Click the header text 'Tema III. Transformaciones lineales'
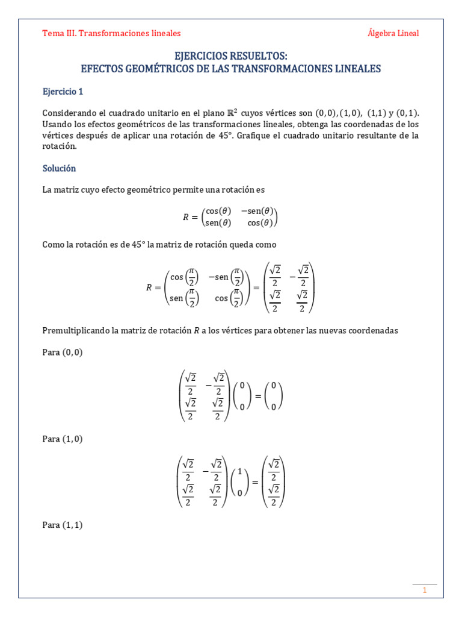[111, 33]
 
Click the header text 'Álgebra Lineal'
[393, 33]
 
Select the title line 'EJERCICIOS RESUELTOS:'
[231, 56]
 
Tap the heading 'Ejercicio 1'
[63, 92]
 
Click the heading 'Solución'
[59, 168]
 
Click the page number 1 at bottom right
[424, 590]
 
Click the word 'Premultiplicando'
[75, 331]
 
